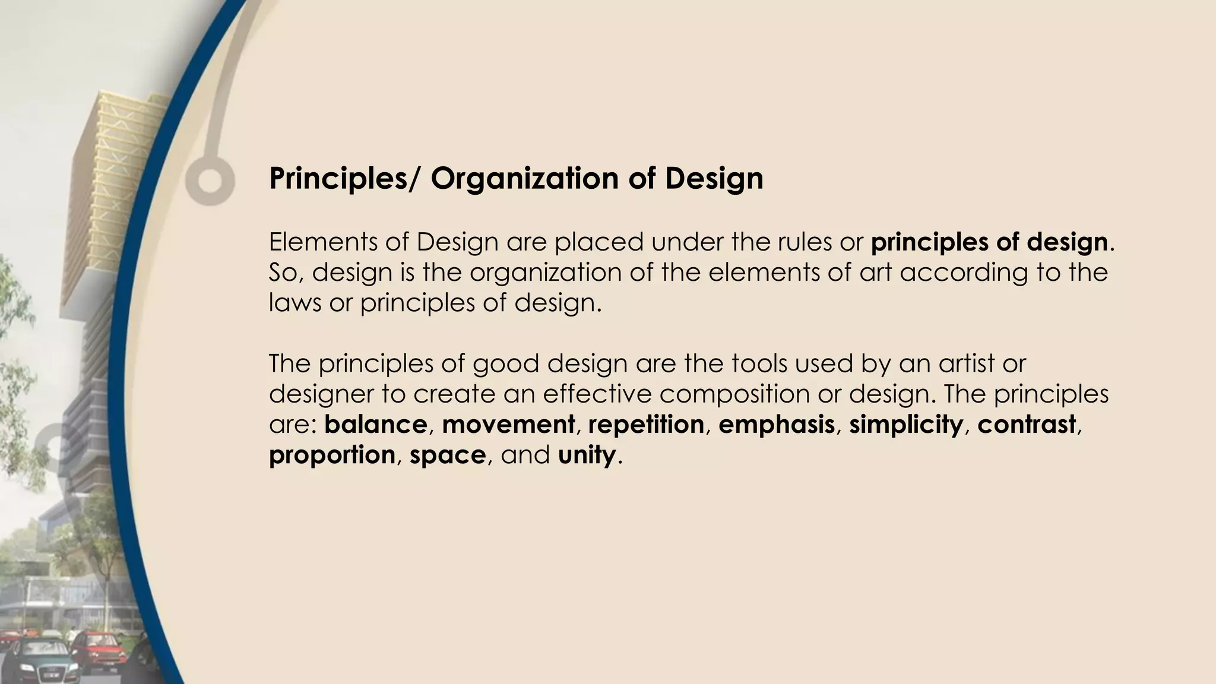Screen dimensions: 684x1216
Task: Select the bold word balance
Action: pos(375,425)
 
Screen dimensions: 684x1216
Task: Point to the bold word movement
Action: pos(508,425)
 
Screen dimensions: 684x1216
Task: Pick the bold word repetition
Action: pos(646,425)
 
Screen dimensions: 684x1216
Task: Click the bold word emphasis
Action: pos(776,425)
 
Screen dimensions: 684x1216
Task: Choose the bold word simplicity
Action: pos(905,425)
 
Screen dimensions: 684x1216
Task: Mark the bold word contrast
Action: pos(1027,425)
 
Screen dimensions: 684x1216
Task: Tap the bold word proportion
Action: pos(332,455)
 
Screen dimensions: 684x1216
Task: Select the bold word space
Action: pos(448,455)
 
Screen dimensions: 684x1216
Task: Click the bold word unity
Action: pos(586,455)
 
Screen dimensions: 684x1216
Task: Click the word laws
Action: pos(294,303)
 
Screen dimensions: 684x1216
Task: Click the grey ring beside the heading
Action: pos(209,180)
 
